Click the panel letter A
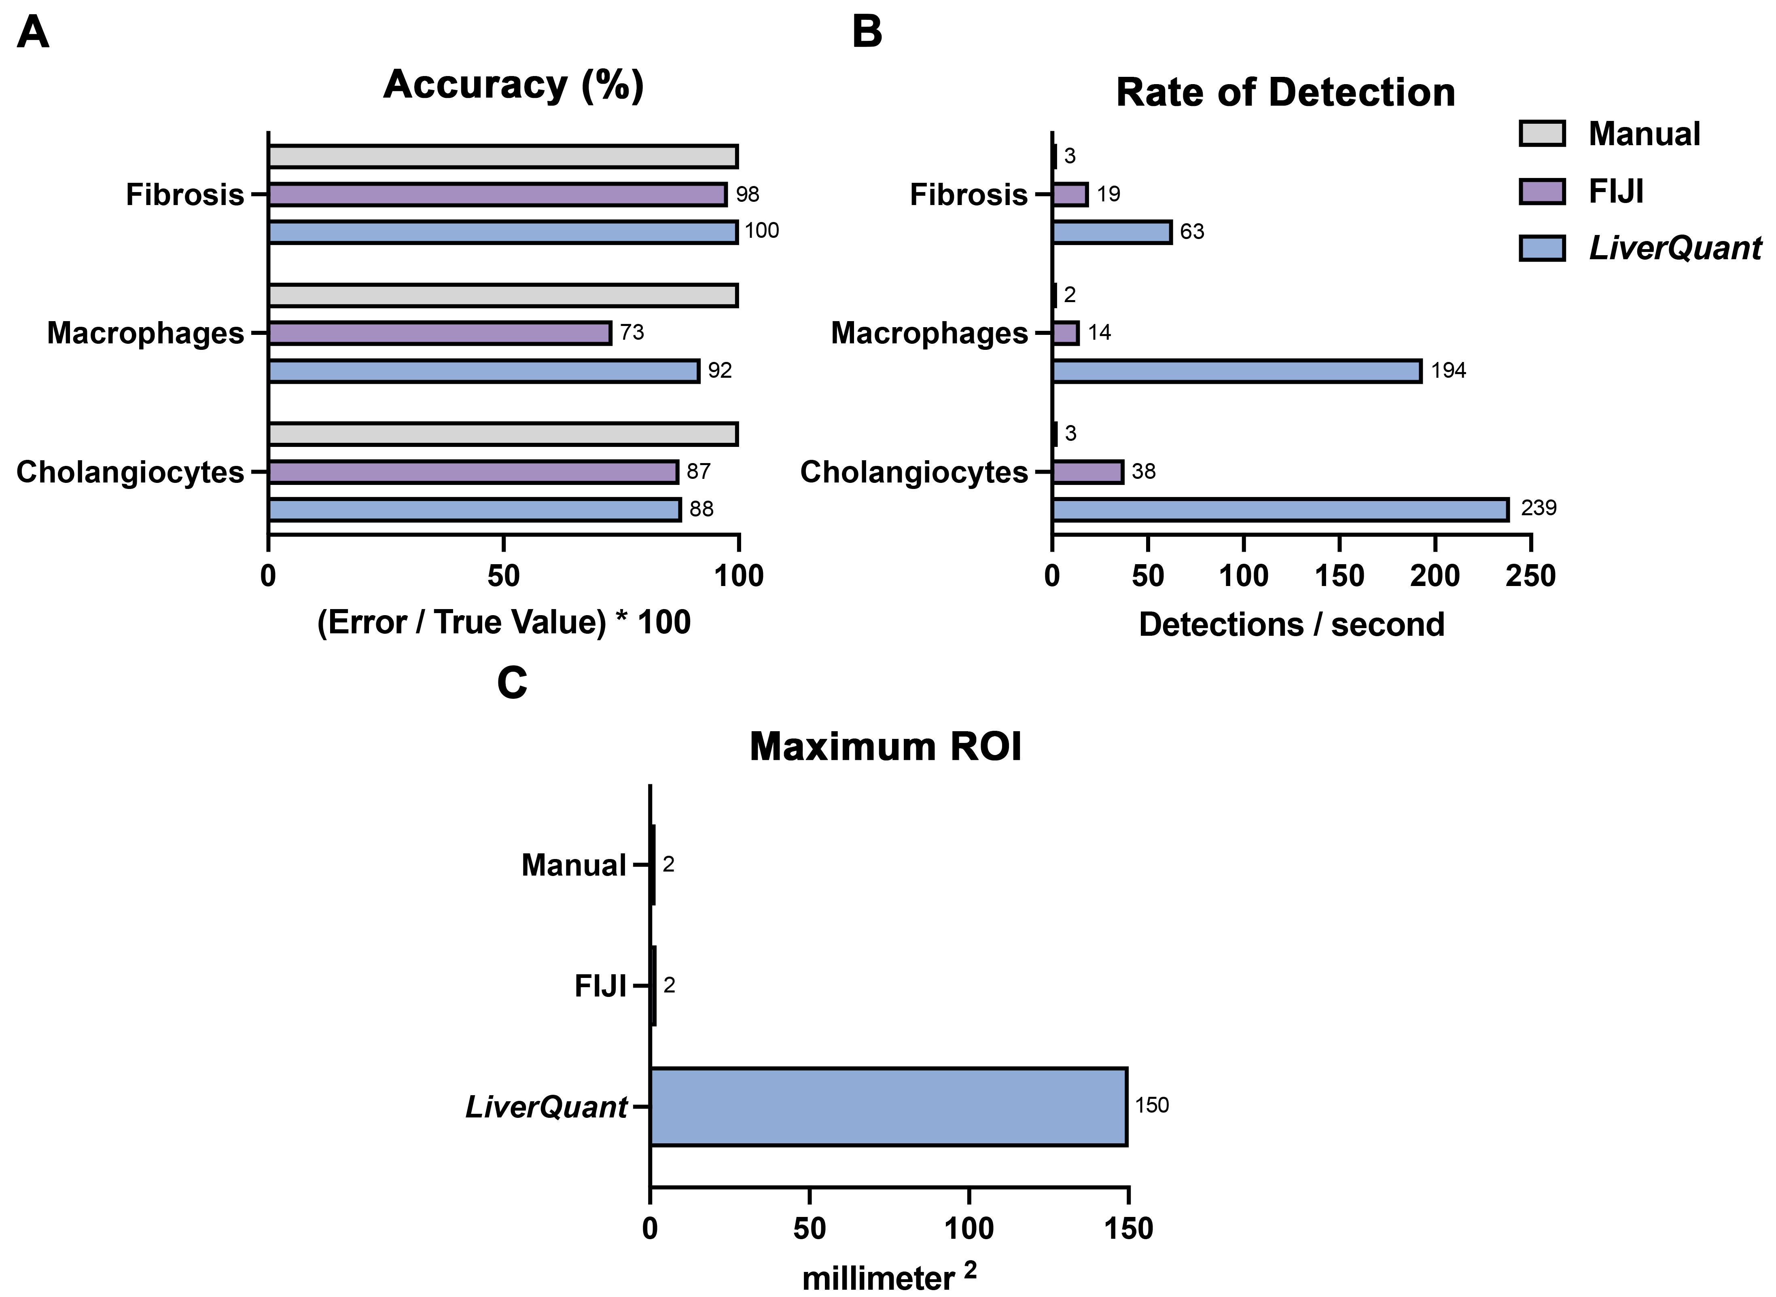33,33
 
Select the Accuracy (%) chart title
513,85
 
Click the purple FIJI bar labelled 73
440,333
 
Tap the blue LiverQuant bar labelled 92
484,370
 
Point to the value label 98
748,194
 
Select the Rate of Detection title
1285,93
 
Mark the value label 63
1192,232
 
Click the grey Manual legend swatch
1542,133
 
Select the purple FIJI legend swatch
1542,191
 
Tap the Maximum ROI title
886,747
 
